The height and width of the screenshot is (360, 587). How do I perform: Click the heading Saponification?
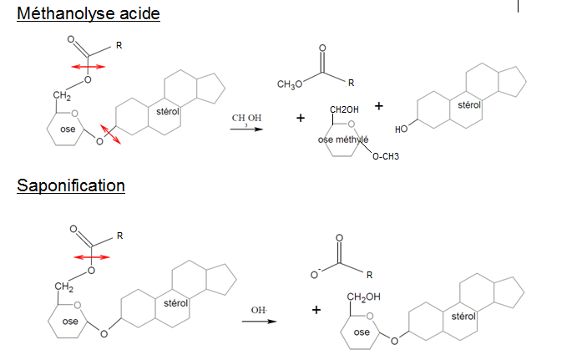pyautogui.click(x=71, y=185)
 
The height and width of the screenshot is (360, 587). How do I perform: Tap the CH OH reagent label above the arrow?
pyautogui.click(x=246, y=119)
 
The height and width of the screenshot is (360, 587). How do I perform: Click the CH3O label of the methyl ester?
pyautogui.click(x=289, y=85)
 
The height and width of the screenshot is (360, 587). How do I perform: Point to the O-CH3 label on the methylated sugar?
pyautogui.click(x=386, y=156)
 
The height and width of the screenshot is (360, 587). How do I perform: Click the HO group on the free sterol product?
pyautogui.click(x=402, y=129)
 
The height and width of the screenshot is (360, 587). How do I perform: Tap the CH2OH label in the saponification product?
pyautogui.click(x=363, y=297)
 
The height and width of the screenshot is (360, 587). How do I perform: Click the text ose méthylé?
pyautogui.click(x=343, y=139)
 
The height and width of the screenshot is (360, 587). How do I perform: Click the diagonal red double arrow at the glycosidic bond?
pyautogui.click(x=110, y=133)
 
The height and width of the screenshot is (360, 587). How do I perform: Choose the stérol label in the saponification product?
pyautogui.click(x=463, y=317)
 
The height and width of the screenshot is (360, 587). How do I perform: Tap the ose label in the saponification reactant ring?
pyautogui.click(x=70, y=322)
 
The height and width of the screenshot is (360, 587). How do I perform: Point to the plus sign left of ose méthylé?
pyautogui.click(x=301, y=118)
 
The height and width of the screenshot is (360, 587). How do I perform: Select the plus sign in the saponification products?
pyautogui.click(x=316, y=310)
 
